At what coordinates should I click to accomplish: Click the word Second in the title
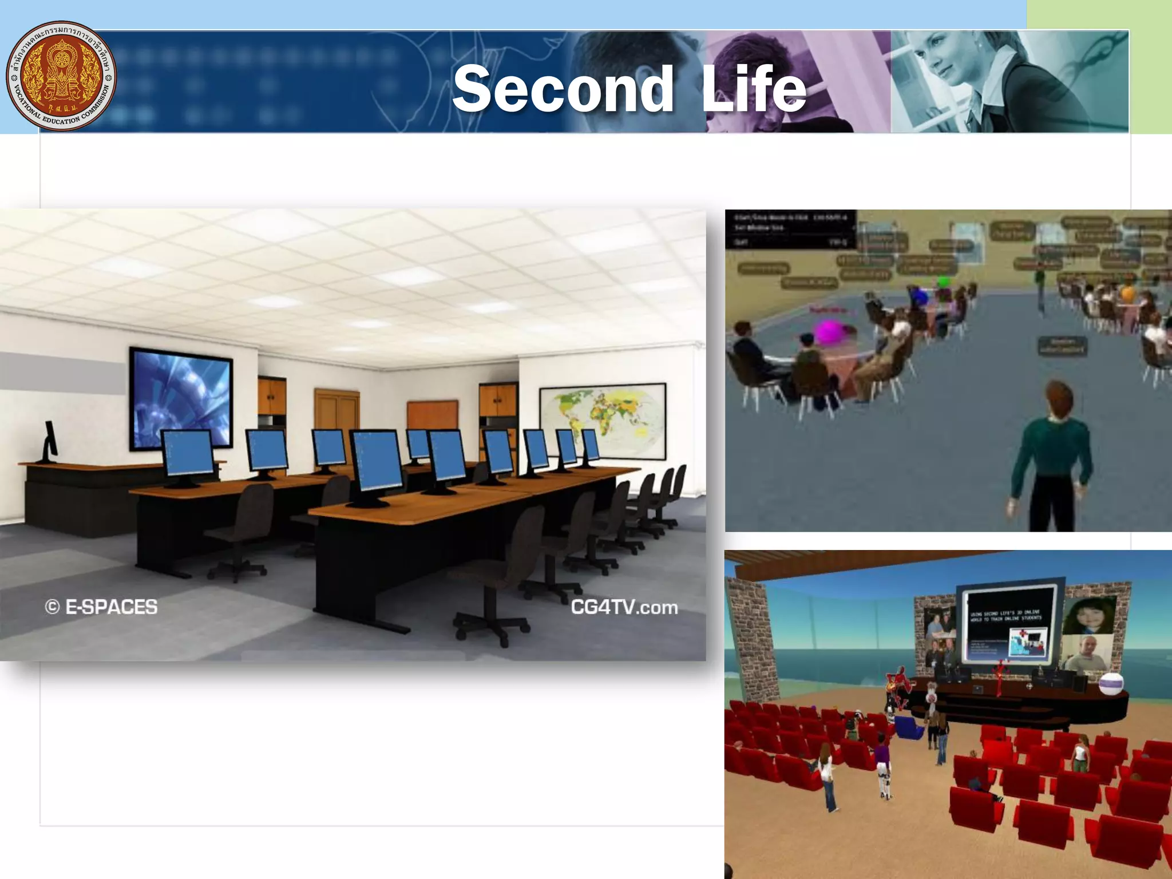click(x=563, y=89)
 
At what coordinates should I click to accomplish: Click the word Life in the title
click(x=754, y=89)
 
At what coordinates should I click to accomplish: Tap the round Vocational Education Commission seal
click(x=61, y=76)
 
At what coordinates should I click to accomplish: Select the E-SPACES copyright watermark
click(x=101, y=607)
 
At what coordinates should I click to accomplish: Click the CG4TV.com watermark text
click(x=624, y=607)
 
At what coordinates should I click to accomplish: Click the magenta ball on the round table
click(x=831, y=332)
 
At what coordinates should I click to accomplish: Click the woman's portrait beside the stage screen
click(x=1087, y=615)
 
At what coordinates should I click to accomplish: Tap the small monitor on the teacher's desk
click(x=50, y=441)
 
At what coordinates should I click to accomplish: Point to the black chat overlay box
click(x=790, y=229)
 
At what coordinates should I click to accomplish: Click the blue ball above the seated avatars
click(x=918, y=296)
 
